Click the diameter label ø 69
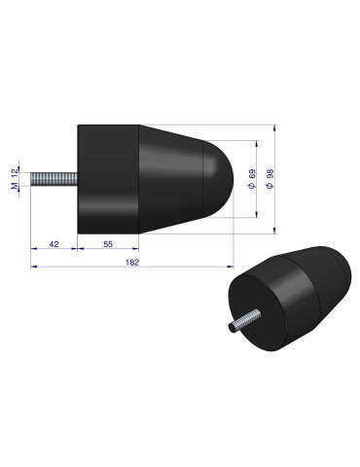[x=253, y=179]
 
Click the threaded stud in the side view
[x=54, y=181]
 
